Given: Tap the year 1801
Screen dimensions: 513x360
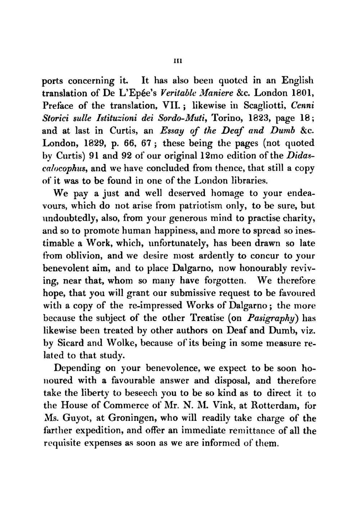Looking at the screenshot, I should (303, 93).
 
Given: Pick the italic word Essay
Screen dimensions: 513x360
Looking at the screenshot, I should (172, 131).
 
